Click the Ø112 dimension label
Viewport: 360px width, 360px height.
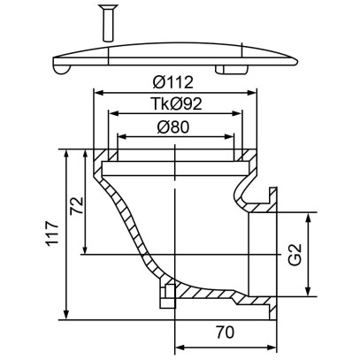(173, 82)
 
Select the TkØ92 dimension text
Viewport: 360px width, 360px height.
(176, 103)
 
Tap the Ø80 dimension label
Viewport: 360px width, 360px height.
(173, 127)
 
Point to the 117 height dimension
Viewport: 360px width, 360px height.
(52, 233)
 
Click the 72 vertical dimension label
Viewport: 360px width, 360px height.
(76, 205)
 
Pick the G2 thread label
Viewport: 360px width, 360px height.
(295, 254)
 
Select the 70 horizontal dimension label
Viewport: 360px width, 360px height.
(225, 333)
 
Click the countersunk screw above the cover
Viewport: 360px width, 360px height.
(108, 23)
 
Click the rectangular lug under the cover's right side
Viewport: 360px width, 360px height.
(232, 70)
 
